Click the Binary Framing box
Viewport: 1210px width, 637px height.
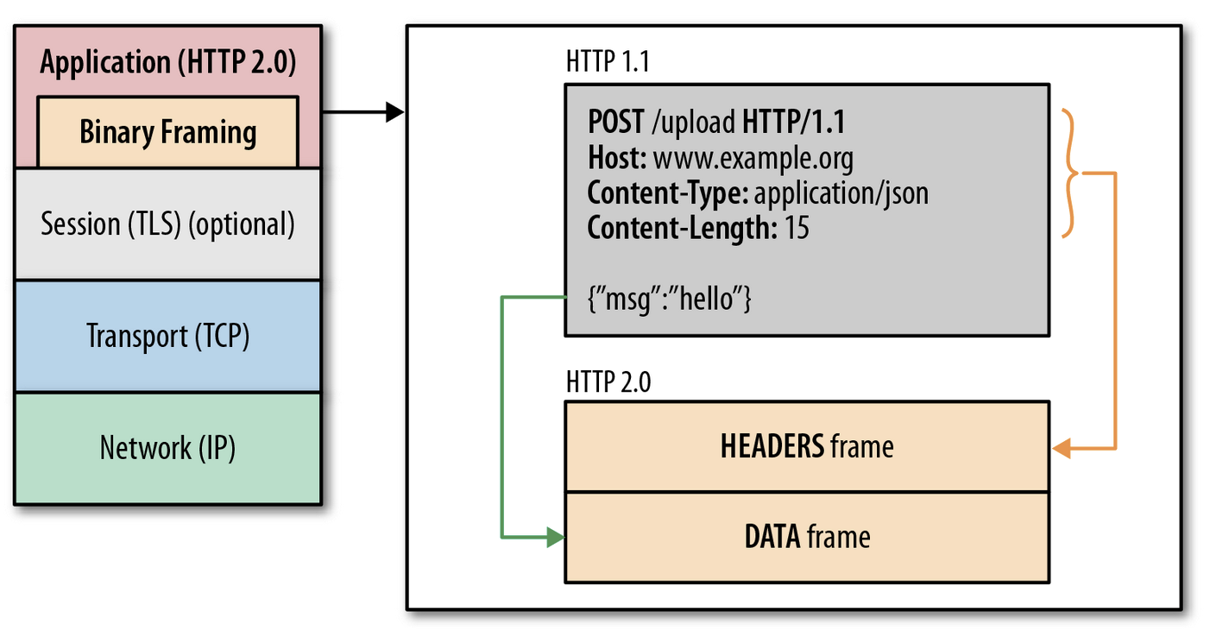point(168,132)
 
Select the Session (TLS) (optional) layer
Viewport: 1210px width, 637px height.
point(168,224)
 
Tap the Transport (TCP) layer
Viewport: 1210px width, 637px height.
point(168,336)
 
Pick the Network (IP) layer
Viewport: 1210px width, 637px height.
point(168,448)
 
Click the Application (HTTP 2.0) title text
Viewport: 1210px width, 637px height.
point(168,61)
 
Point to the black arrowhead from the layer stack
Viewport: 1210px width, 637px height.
point(395,112)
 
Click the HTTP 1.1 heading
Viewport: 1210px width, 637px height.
point(608,61)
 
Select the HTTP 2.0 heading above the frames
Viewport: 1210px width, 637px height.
point(608,382)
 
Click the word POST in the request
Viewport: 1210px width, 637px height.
point(616,122)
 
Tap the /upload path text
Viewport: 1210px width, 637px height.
point(693,123)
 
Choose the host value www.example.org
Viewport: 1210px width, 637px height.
point(753,159)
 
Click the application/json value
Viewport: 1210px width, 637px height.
point(841,193)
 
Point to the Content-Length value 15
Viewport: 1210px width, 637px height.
point(797,228)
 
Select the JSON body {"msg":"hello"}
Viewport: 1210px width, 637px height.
point(669,299)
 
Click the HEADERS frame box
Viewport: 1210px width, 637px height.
point(807,446)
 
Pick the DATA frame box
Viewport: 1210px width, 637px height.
point(807,537)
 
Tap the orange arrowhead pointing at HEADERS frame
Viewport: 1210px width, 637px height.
point(1062,448)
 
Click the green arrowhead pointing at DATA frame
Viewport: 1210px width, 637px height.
point(555,537)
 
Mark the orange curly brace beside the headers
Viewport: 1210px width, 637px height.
point(1069,173)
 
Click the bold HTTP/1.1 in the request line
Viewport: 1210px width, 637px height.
point(793,122)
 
